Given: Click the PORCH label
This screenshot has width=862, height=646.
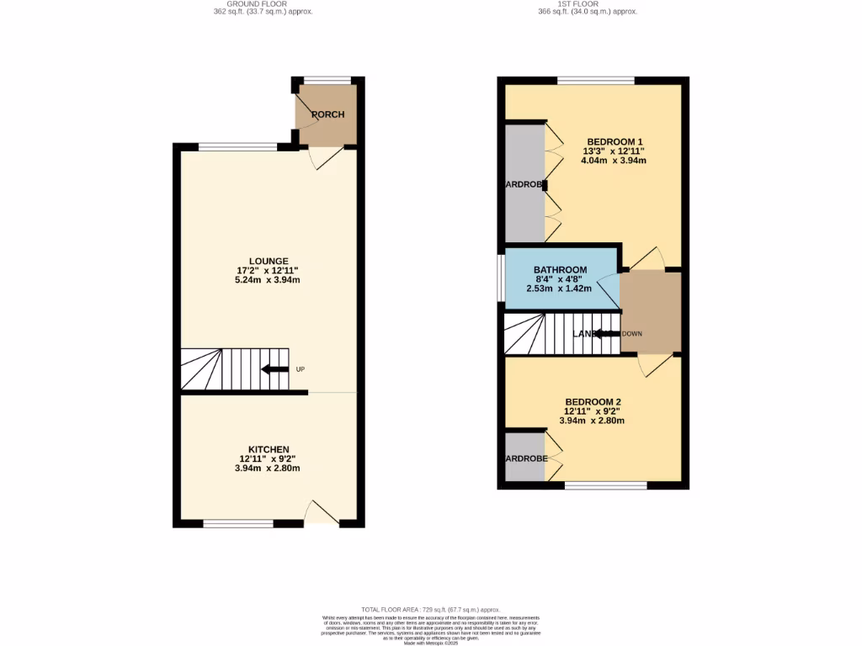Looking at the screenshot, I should (327, 115).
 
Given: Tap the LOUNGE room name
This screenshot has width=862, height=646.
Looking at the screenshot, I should (269, 261).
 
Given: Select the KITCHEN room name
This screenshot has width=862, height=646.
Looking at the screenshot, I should (269, 449).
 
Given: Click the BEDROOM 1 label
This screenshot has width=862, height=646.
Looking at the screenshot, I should (615, 140).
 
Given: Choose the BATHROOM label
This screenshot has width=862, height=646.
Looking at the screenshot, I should (561, 270).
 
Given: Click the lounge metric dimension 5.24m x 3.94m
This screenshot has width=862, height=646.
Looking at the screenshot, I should (268, 280).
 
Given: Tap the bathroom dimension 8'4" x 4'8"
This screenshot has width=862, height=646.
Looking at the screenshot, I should (561, 279).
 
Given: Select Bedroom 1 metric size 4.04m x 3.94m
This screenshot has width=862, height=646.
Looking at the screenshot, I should (615, 161).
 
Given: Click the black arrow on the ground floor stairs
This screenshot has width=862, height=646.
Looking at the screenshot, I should (274, 369).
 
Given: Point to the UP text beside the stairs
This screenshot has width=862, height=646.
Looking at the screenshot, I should (300, 370).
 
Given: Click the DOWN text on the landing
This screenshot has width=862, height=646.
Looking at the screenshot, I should (631, 334).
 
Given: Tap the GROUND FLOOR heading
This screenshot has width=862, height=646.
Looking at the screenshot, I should (263, 4).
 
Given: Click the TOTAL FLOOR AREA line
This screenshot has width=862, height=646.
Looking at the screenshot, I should (430, 609).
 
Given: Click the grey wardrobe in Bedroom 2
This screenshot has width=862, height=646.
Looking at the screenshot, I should (524, 457).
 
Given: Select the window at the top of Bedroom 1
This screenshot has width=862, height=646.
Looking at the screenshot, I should (595, 81).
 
